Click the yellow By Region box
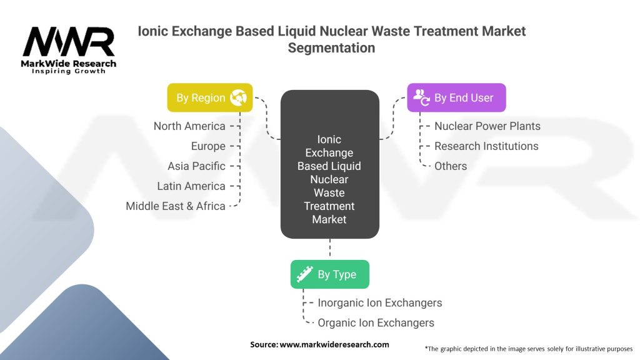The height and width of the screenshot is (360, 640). (209, 97)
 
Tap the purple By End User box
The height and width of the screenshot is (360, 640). (456, 97)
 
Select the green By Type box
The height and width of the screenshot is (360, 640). (329, 274)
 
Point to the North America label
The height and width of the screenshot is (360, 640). (189, 126)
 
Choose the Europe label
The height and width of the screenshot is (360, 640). (208, 146)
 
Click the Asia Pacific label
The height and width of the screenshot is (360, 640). (196, 166)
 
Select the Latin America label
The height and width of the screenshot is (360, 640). (191, 186)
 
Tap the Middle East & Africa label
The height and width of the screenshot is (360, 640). (176, 206)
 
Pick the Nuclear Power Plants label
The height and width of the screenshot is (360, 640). (487, 126)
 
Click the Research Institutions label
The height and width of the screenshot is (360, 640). (486, 146)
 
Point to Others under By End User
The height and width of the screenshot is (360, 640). (451, 166)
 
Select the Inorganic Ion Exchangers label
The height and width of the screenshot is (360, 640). (379, 303)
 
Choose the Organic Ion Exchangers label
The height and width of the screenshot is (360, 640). (376, 323)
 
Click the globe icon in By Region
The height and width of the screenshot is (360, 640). (239, 97)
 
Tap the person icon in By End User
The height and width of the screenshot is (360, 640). (421, 97)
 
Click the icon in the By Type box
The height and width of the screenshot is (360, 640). (304, 274)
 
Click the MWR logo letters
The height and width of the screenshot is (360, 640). (69, 42)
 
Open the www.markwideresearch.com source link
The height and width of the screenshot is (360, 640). (334, 345)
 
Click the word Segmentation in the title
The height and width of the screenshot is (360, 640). (331, 47)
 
